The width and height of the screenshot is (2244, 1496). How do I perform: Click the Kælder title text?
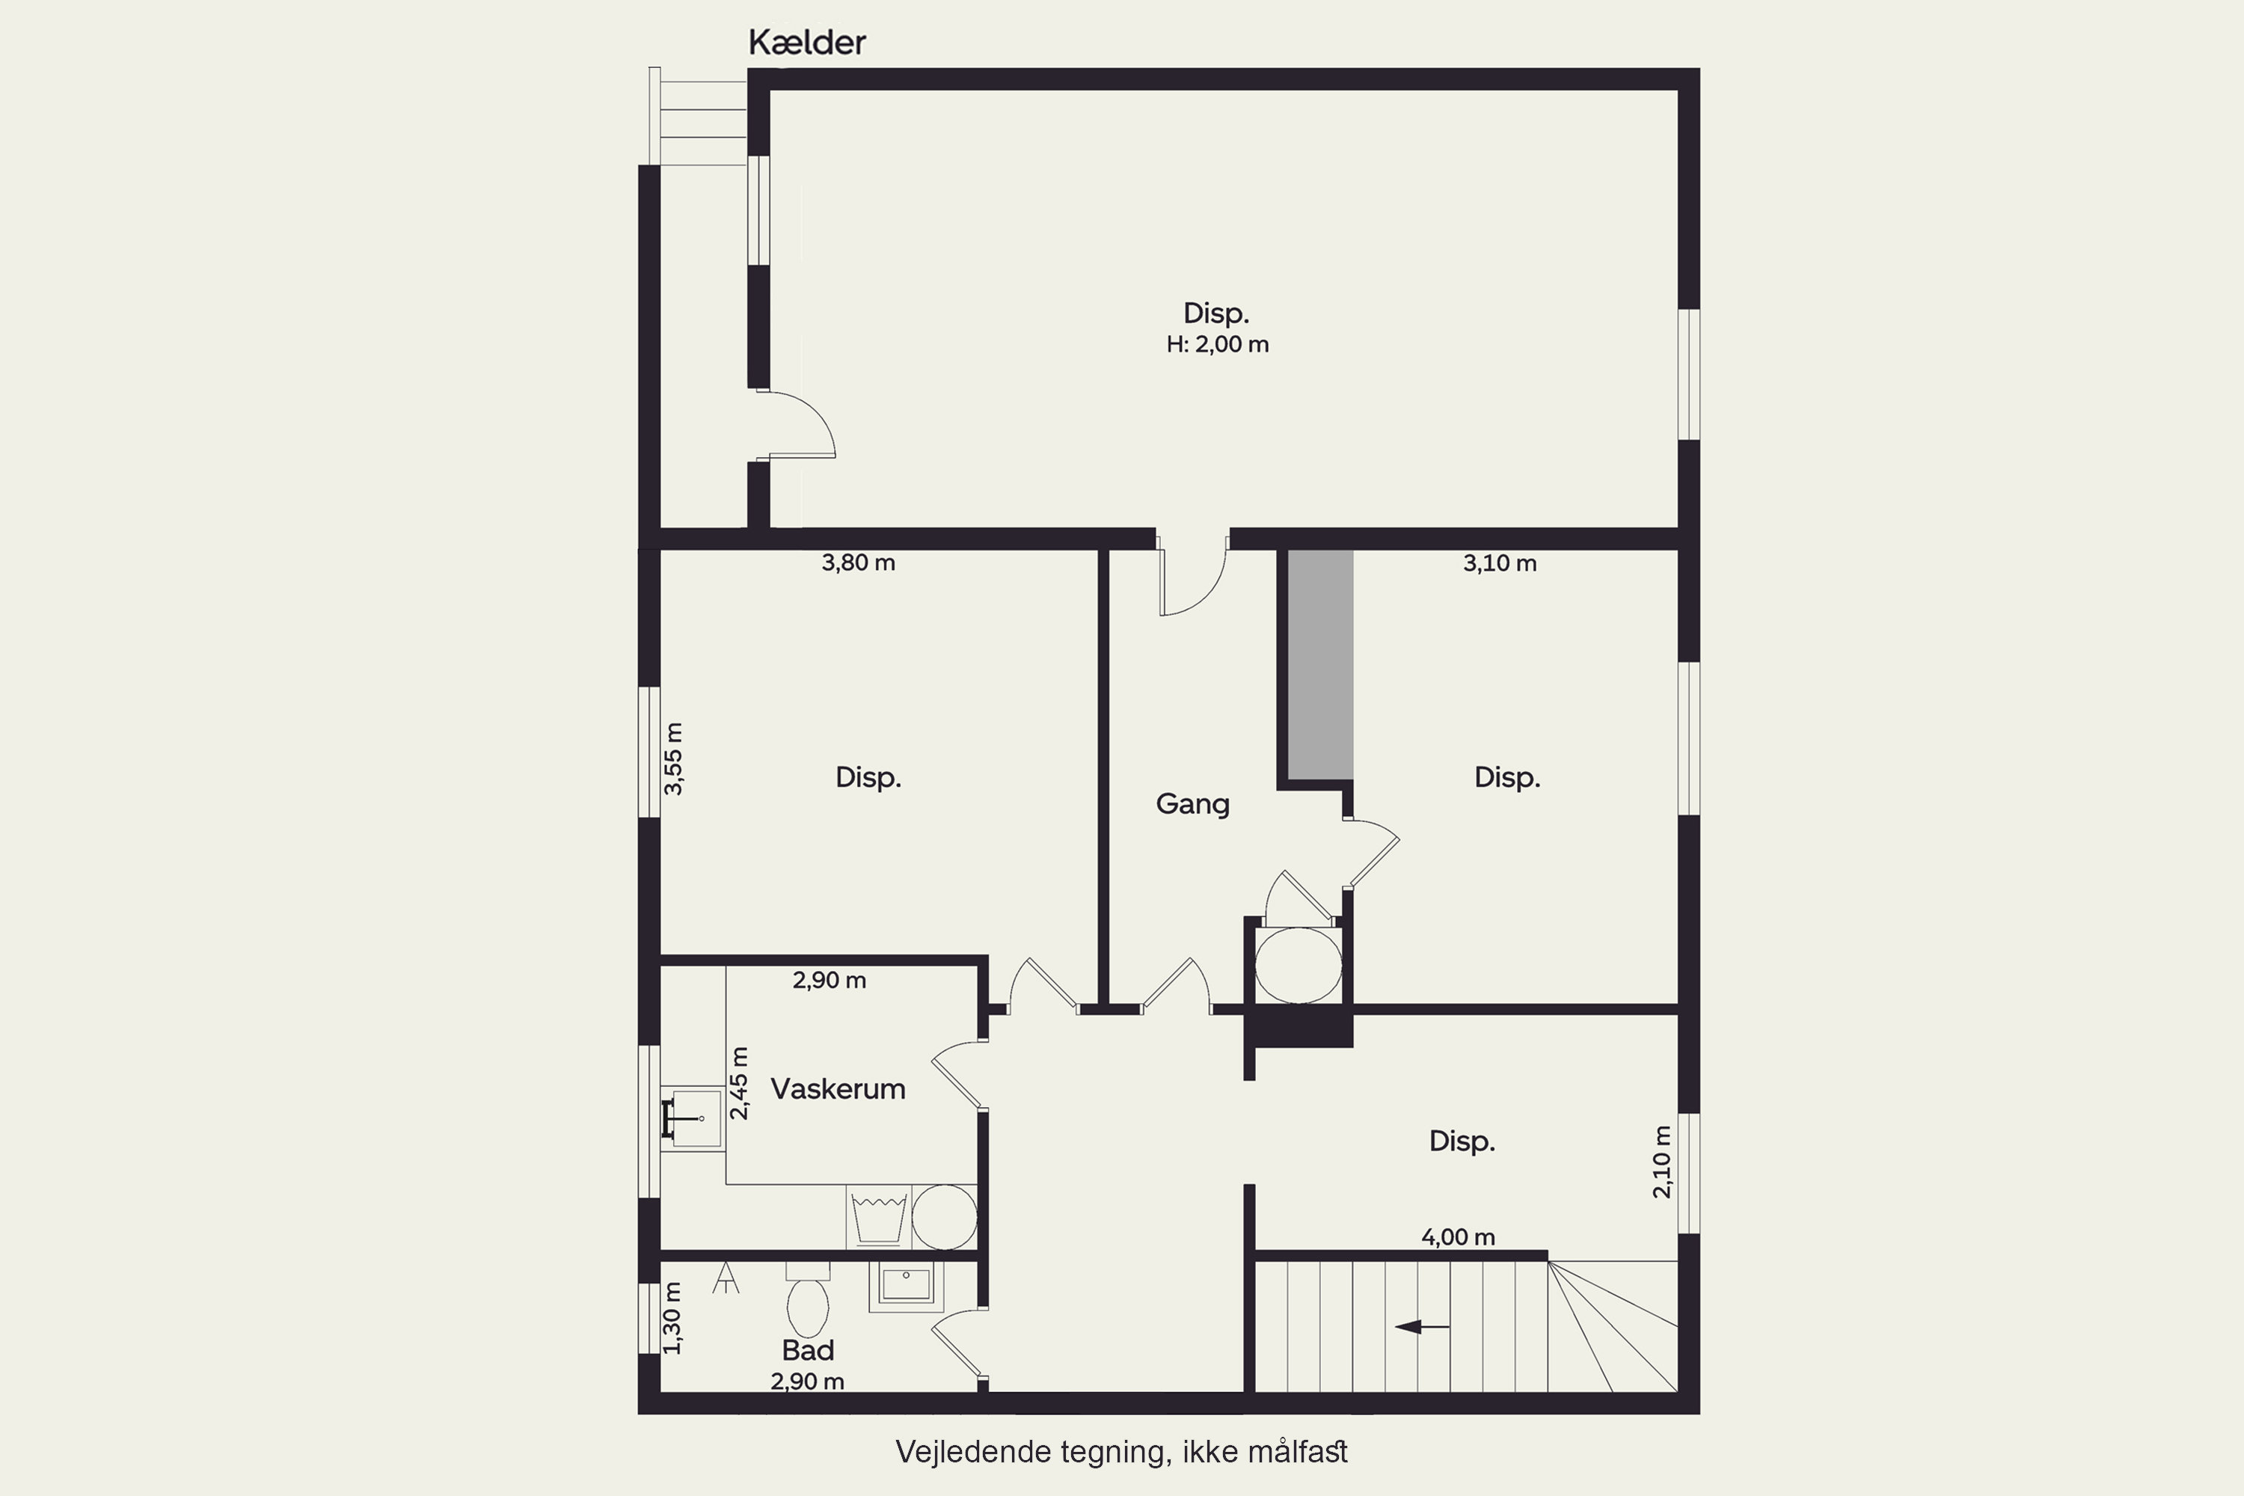806,43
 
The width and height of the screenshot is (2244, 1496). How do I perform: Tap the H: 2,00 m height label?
1218,344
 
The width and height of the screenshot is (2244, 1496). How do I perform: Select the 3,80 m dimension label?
859,563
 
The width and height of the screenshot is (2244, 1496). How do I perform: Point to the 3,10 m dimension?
1500,564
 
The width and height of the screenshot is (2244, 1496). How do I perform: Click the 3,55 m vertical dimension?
674,758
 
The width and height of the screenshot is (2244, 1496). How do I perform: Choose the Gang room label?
1192,804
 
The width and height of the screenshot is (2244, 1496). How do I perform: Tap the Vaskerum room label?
838,1088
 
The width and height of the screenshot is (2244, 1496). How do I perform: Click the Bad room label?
808,1350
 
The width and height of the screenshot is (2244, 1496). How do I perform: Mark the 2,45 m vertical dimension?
740,1083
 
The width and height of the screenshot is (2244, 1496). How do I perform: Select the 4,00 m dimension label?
1458,1237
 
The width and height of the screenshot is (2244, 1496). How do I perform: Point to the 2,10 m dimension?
1662,1162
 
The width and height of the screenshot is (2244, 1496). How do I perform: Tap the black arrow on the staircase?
1422,1326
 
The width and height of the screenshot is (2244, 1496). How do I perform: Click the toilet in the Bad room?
807,1299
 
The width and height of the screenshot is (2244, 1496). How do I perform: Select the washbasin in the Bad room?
905,1285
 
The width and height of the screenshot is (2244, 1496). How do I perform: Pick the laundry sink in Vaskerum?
692,1118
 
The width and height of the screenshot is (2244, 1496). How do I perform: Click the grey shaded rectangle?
1320,665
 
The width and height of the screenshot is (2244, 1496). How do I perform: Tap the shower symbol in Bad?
726,1278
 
